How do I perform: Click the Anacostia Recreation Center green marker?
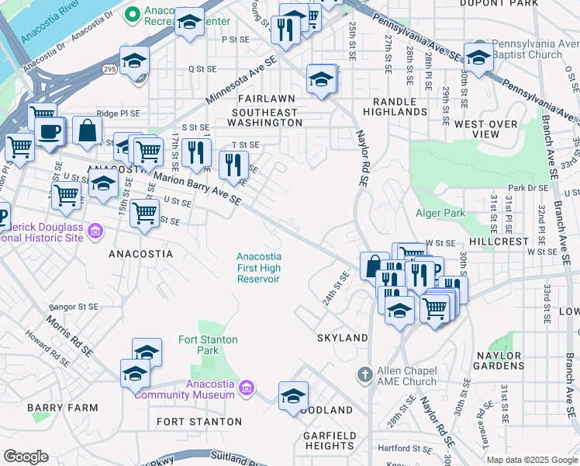[132, 12]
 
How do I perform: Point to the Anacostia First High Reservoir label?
[258, 268]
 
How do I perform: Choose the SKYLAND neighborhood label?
[342, 338]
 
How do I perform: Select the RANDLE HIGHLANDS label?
[400, 106]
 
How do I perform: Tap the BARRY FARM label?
[62, 407]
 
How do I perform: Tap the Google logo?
[26, 457]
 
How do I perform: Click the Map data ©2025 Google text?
[532, 460]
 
